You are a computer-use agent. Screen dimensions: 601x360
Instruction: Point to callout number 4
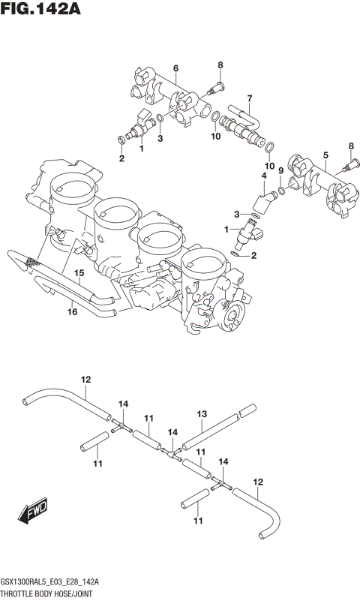263,176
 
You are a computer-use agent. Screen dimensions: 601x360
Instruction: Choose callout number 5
325,155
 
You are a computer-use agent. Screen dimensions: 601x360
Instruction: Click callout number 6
175,69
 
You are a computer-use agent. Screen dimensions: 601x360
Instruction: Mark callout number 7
250,98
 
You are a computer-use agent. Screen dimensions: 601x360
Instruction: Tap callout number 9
280,171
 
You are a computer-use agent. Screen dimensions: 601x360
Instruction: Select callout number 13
201,413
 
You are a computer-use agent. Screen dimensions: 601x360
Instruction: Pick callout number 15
78,274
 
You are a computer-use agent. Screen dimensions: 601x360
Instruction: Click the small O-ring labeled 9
280,191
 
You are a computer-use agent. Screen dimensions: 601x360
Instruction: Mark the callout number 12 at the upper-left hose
85,379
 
